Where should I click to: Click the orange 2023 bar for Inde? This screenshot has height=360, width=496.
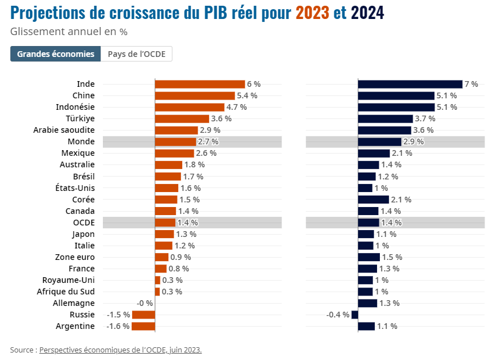click(200, 84)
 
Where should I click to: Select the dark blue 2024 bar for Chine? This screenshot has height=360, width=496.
click(396, 95)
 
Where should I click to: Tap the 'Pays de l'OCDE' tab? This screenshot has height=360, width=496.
click(137, 54)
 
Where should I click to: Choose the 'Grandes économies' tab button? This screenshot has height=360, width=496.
click(56, 54)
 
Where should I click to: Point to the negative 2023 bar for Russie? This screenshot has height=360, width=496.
click(144, 315)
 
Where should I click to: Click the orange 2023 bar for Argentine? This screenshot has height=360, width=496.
click(143, 326)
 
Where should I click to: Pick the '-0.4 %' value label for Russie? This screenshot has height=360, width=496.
click(338, 315)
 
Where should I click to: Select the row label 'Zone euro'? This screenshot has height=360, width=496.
click(75, 257)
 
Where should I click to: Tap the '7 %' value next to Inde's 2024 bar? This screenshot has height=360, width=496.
click(471, 84)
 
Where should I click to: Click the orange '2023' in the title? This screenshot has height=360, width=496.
click(313, 13)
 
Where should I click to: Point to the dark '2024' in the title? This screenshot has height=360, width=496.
click(368, 13)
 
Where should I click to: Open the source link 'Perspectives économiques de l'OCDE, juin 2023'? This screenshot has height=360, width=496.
click(121, 350)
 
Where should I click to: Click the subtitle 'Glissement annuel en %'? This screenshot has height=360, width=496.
click(68, 32)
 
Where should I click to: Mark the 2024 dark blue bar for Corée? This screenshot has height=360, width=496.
click(374, 200)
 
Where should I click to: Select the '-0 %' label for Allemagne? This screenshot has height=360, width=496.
click(145, 303)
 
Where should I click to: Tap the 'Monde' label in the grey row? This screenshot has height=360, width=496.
click(81, 141)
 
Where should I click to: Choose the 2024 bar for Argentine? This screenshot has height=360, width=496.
click(367, 326)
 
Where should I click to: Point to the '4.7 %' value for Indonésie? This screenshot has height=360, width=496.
click(236, 107)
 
